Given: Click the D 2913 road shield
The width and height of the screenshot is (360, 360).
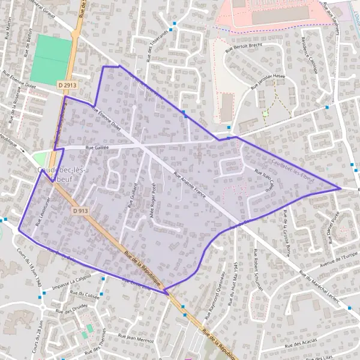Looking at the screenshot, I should click(68, 85).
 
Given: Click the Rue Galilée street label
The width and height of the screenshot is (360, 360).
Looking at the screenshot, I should click(97, 146).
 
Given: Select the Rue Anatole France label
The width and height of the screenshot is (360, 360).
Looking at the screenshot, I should click(189, 187).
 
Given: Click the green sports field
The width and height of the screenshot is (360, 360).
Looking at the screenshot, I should click(50, 59).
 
